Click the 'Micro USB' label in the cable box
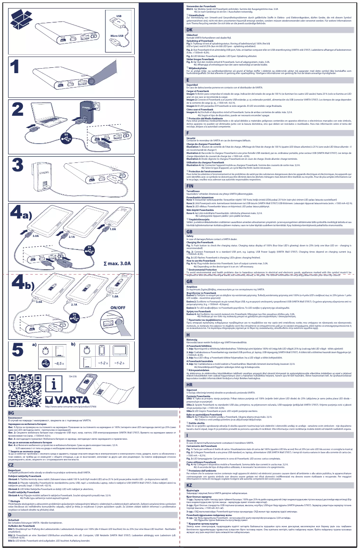pyautogui.click(x=119, y=35)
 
